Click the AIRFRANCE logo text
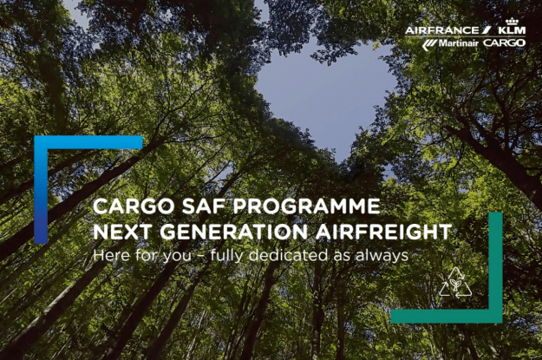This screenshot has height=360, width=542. click(x=443, y=30)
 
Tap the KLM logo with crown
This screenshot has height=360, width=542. click(x=512, y=26)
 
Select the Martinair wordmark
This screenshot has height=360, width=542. click(x=459, y=43)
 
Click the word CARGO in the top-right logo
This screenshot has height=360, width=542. click(x=505, y=43)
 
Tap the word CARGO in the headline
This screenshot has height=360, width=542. click(x=134, y=206)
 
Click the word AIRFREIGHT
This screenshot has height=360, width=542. click(x=383, y=232)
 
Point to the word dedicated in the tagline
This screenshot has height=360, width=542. click(x=288, y=256)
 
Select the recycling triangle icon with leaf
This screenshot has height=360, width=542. click(x=455, y=283)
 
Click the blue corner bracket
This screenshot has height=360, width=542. click(x=41, y=189)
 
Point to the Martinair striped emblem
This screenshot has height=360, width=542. click(x=429, y=44)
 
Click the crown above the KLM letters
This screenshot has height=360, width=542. click(x=512, y=21)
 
